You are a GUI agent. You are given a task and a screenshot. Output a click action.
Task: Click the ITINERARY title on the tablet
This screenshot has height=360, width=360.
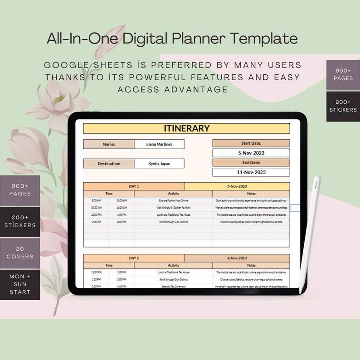(x=186, y=128)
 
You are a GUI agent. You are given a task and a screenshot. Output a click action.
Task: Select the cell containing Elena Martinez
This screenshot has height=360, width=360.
(x=159, y=144)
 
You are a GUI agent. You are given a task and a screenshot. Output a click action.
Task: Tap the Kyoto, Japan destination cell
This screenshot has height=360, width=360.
(x=159, y=164)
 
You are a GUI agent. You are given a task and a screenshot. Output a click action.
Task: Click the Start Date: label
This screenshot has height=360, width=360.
(x=251, y=143)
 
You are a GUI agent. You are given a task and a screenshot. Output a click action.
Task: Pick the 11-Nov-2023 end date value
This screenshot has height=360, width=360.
(x=251, y=172)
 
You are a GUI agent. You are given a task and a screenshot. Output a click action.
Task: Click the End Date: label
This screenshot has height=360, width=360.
(x=251, y=162)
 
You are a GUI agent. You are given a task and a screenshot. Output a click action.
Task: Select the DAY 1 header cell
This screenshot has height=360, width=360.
(x=134, y=186)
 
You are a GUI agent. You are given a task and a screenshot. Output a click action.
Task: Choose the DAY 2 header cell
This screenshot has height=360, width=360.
(x=134, y=258)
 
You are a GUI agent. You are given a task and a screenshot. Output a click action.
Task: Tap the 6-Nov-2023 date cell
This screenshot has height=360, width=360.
(x=237, y=258)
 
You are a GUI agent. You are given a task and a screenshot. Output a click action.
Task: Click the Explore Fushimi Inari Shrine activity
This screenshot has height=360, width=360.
(x=173, y=200)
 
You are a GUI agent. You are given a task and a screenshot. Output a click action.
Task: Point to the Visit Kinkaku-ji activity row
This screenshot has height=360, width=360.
(x=173, y=207)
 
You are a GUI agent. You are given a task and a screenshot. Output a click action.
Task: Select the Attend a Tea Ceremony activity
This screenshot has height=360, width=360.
(x=173, y=287)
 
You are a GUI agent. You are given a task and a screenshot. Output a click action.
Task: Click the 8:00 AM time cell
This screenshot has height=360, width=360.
(x=96, y=200)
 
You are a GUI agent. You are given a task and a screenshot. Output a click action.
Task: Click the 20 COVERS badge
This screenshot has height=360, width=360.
(x=20, y=253)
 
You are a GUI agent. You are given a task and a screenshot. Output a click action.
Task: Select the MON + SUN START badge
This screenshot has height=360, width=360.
(x=20, y=284)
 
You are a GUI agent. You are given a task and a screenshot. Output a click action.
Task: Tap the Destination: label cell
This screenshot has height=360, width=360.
(x=109, y=164)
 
